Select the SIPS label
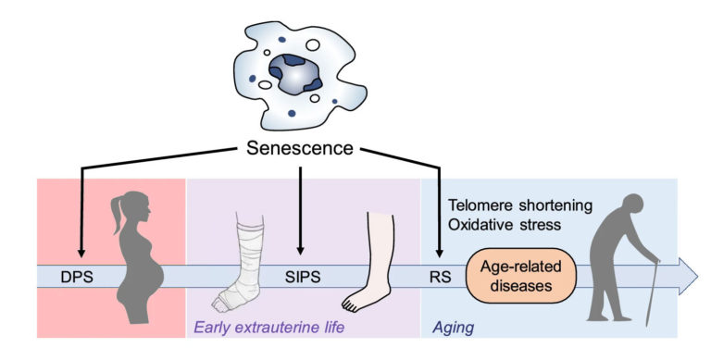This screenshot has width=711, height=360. (x=301, y=275)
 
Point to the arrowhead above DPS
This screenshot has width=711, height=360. (x=81, y=250)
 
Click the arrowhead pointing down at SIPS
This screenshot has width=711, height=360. (x=300, y=249)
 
